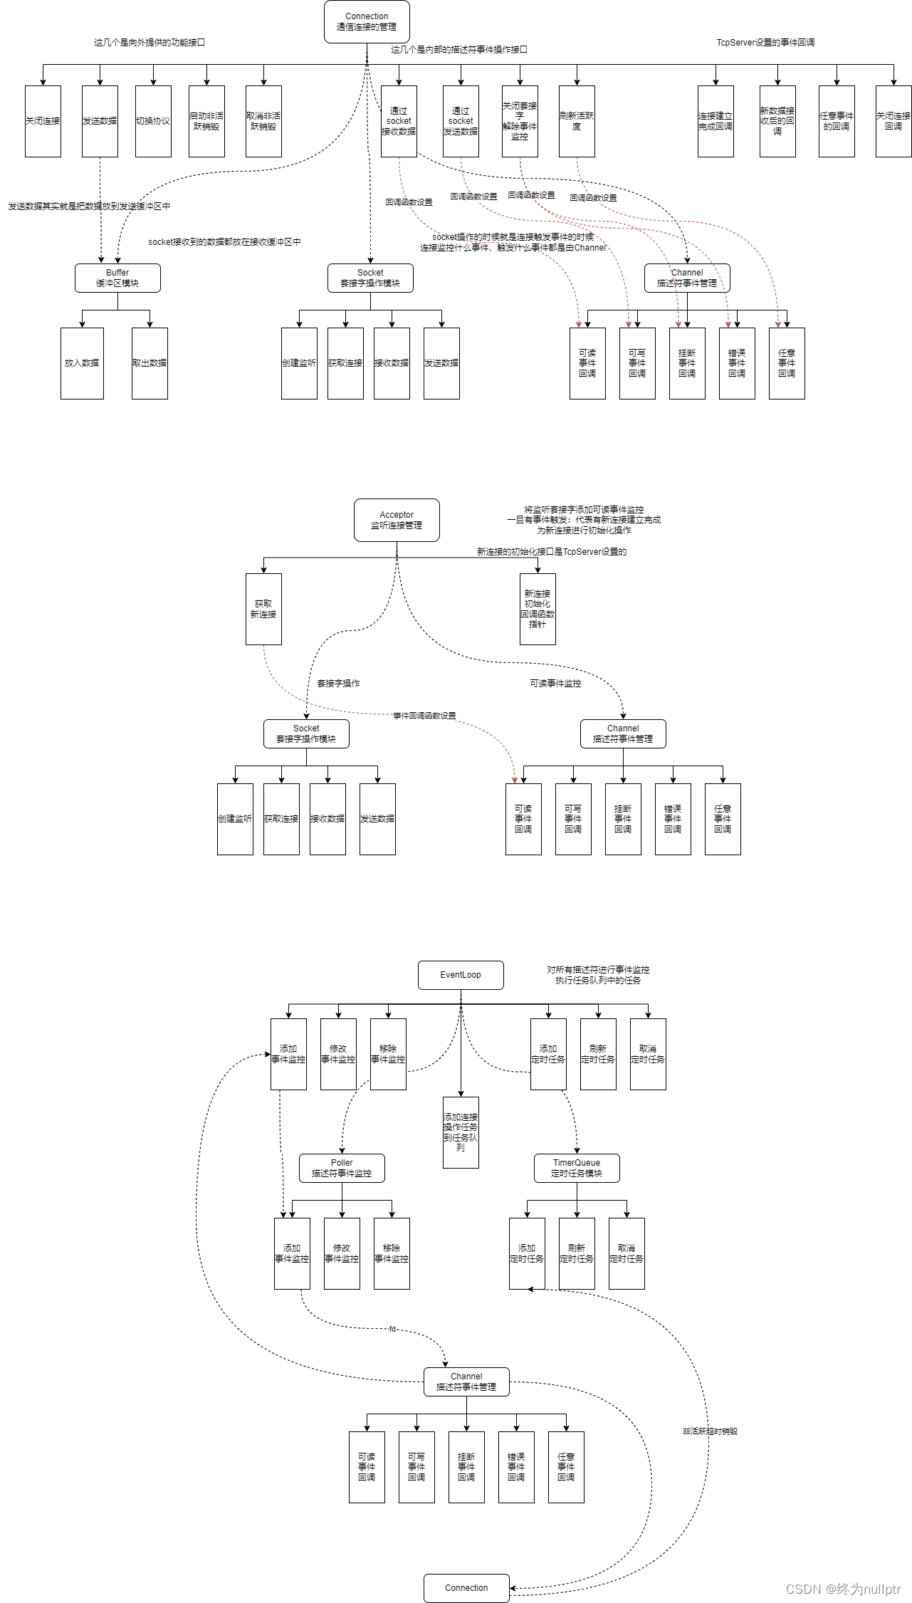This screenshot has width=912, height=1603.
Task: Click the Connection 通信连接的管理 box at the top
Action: (367, 21)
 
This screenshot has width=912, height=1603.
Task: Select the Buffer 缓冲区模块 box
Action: (117, 278)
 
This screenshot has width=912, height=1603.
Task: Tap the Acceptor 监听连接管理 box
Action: (397, 520)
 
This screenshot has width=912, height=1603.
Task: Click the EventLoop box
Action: (461, 975)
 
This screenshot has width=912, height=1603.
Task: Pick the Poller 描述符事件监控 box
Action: (342, 1168)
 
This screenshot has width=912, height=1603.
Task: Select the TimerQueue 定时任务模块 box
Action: (577, 1168)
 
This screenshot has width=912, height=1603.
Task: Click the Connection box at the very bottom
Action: (466, 1587)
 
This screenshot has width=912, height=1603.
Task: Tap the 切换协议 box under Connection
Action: (153, 121)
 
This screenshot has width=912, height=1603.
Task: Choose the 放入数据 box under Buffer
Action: (82, 363)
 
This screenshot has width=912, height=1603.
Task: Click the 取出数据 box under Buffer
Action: (150, 363)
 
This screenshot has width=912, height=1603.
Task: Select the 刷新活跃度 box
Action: (577, 121)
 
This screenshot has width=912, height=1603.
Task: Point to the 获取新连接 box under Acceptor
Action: (263, 609)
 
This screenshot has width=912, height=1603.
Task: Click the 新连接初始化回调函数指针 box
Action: (538, 609)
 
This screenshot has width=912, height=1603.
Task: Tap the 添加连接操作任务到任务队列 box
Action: (461, 1132)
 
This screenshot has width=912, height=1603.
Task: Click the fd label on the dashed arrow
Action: (392, 1329)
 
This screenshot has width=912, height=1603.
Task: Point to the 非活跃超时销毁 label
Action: (710, 1431)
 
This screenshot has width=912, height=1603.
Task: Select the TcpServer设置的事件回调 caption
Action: (765, 43)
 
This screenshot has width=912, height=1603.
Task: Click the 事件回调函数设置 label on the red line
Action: (424, 716)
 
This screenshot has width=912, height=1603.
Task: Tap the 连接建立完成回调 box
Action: (716, 121)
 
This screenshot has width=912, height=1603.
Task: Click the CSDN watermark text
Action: (843, 1589)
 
